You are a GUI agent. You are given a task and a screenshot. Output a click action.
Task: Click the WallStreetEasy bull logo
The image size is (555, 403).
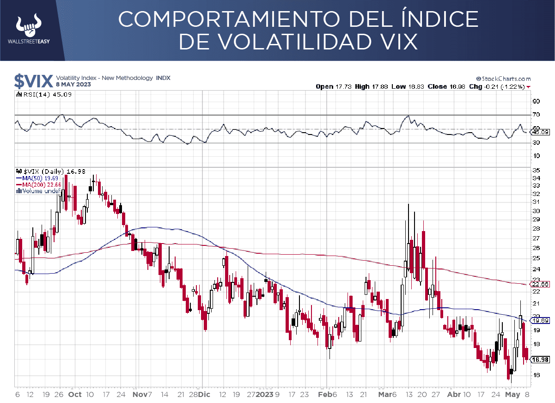(x=28, y=26)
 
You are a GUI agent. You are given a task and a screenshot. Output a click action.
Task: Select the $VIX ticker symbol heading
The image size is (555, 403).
(x=33, y=81)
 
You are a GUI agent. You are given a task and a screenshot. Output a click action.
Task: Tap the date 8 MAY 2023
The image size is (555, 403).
(x=73, y=85)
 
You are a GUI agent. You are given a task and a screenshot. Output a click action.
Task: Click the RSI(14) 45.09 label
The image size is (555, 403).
(x=44, y=94)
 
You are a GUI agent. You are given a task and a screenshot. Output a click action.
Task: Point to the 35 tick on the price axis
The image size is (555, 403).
(x=536, y=170)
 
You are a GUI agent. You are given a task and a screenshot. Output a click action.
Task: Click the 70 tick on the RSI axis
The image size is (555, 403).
(x=536, y=114)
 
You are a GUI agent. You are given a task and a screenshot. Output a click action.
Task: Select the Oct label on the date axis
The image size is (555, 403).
(x=74, y=394)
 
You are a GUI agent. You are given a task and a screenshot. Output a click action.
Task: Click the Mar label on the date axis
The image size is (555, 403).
(x=384, y=394)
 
